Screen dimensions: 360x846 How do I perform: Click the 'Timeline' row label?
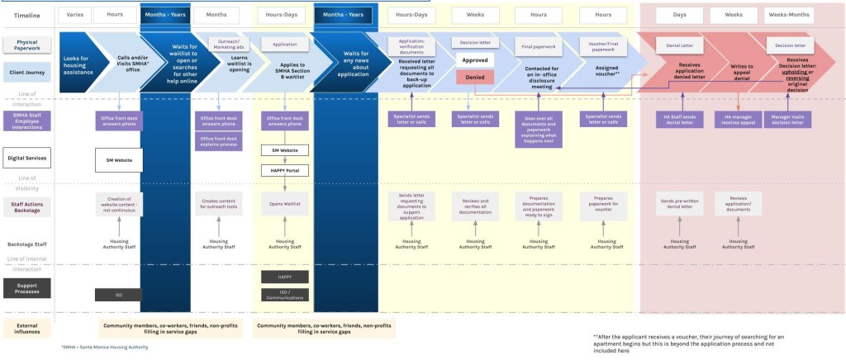26,16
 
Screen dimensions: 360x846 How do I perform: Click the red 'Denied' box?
474,76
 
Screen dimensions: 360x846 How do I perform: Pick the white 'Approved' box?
474,60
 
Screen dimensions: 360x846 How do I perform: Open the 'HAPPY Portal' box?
285,170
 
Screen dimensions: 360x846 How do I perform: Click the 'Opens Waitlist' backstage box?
285,202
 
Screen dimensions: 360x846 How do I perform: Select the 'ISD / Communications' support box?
285,295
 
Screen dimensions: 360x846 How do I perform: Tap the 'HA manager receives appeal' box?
737,120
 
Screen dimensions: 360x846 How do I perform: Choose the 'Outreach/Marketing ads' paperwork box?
219,44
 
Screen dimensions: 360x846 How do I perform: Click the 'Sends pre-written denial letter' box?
678,202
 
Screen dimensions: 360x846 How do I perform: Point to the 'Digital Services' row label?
26,156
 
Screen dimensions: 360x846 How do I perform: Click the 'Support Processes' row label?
26,287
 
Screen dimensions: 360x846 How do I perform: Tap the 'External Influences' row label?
26,328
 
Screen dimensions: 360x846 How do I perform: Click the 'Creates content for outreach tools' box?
219,202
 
